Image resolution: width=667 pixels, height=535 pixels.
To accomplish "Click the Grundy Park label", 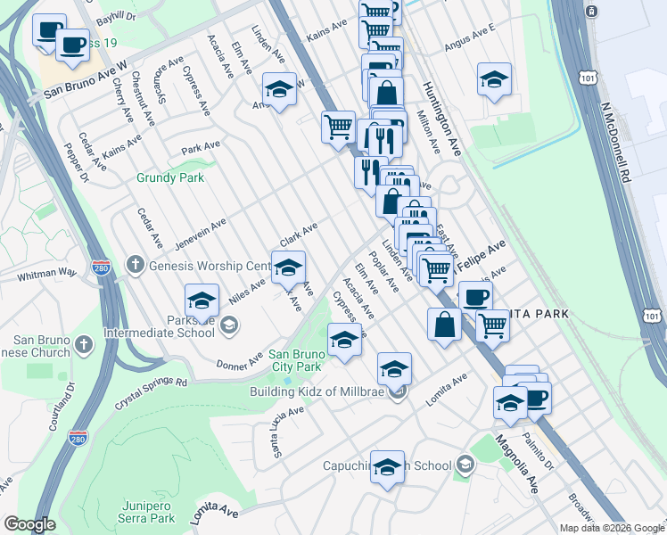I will [169, 177].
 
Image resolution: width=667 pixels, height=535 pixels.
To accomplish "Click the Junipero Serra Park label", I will [147, 511].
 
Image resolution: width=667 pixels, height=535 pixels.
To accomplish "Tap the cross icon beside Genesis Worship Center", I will [134, 264].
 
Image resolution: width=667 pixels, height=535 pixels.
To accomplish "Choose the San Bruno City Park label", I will [295, 360].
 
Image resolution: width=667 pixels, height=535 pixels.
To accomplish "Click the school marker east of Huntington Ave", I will [493, 78].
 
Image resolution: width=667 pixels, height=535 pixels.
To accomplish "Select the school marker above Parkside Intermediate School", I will [202, 299].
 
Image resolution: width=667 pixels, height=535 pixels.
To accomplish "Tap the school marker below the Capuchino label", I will [387, 467].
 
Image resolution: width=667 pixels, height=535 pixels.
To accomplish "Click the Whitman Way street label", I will [46, 274].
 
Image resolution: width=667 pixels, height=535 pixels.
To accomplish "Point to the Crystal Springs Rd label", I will [151, 392].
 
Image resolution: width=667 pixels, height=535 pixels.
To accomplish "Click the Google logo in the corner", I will [29, 524].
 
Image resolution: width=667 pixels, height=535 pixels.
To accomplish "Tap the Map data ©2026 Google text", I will [612, 528].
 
